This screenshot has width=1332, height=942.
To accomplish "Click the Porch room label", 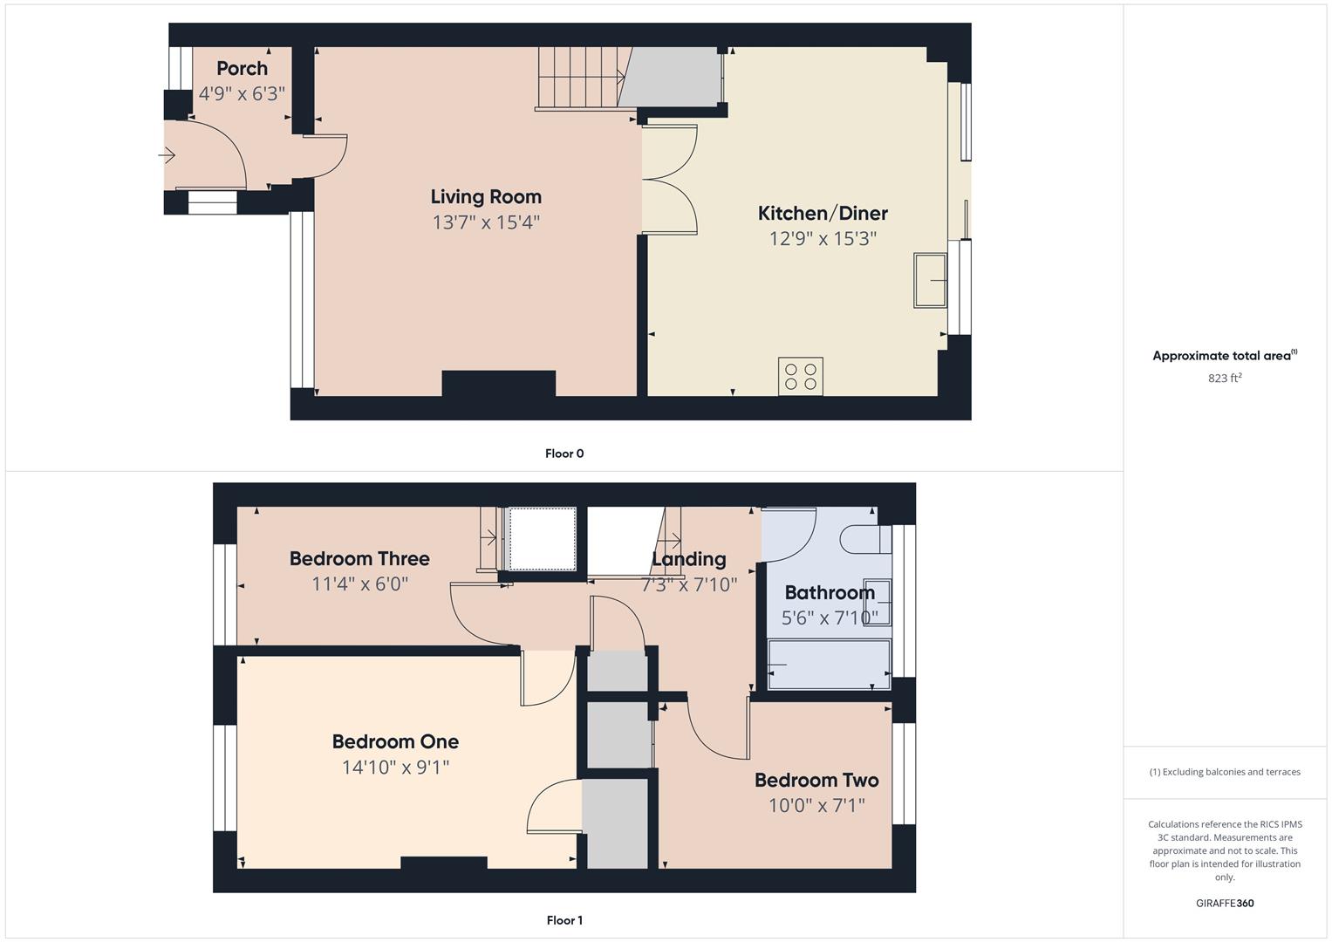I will [x=242, y=68].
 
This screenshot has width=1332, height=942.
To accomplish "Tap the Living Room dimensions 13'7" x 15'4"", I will [x=486, y=222].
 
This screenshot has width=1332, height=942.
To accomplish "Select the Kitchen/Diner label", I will [x=823, y=213].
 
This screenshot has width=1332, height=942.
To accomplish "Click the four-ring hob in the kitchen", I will [x=801, y=376].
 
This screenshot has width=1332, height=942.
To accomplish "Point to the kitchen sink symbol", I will [x=931, y=280].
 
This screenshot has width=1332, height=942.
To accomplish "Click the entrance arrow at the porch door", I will [x=167, y=156].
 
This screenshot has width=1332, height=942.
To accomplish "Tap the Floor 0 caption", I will [x=564, y=454].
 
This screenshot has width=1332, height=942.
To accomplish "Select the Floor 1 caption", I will [x=564, y=920].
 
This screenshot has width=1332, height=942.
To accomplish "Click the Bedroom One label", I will [x=395, y=741].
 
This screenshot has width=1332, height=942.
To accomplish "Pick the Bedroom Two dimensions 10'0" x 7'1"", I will [x=816, y=805].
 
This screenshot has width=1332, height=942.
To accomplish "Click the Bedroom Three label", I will [x=359, y=558].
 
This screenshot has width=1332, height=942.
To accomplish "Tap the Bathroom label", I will [x=830, y=593].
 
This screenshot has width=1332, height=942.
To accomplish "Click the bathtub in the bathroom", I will [x=829, y=666].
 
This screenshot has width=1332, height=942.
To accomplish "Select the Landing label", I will [x=689, y=559].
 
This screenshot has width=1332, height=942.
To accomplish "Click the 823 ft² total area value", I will [x=1225, y=379].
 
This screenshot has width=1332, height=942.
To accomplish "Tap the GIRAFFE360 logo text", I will [x=1225, y=904].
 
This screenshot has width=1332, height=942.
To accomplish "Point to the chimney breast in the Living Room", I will [x=499, y=384].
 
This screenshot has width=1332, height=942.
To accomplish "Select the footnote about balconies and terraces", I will [x=1225, y=772].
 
